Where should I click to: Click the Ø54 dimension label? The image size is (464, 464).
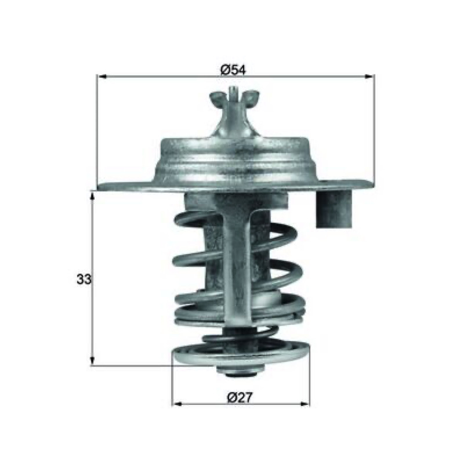(x=233, y=70)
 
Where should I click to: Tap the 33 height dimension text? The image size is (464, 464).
(x=84, y=279)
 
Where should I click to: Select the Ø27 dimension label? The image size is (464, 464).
(x=240, y=397)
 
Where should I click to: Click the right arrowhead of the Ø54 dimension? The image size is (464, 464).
(x=369, y=77)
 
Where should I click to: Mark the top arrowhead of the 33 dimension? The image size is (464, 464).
(x=92, y=197)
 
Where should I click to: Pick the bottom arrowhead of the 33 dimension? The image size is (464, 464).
(x=92, y=361)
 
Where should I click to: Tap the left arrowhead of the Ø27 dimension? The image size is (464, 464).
(x=177, y=404)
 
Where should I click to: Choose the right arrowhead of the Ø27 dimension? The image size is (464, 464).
(x=305, y=404)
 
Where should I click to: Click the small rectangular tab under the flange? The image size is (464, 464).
(x=335, y=209)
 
